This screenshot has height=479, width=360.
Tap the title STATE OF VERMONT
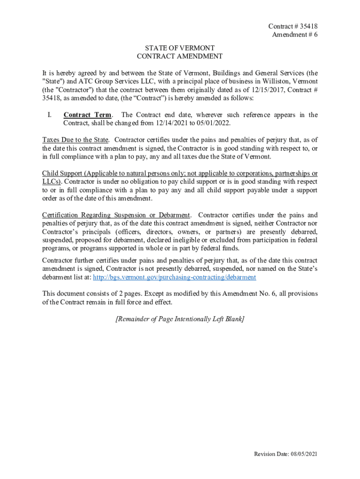coord(180,48)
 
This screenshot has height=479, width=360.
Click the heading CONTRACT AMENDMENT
coord(180,57)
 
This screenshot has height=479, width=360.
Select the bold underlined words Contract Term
coord(87,115)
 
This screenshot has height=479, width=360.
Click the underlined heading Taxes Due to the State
coord(76,140)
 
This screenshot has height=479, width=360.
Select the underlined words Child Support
coord(62,173)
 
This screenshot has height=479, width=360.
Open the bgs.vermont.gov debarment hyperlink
coord(174,277)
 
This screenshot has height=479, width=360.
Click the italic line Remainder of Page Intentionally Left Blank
coord(180,319)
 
